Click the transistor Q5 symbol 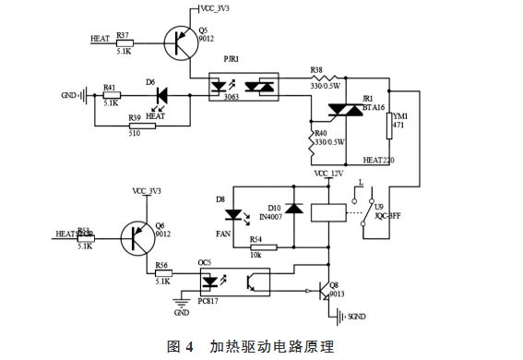tap(182, 42)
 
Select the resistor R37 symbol tap(124, 42)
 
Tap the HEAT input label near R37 tap(100, 39)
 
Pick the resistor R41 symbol tap(112, 95)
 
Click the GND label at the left tap(69, 95)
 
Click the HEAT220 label tap(378, 160)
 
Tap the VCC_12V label tap(328, 173)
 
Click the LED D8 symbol tap(233, 214)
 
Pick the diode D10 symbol tap(293, 209)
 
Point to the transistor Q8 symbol tap(323, 291)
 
